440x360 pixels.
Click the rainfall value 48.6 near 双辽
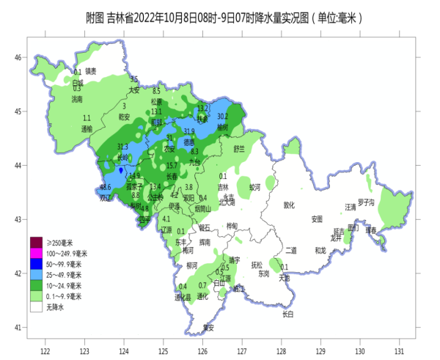106,188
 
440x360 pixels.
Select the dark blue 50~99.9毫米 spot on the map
121,170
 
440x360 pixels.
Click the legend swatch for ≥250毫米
35,241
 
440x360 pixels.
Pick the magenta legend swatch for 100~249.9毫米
35,252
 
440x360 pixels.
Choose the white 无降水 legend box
35,308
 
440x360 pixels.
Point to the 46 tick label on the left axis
21,57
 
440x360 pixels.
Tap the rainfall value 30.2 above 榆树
223,117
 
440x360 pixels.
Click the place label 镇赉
91,72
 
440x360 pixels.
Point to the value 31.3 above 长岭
122,147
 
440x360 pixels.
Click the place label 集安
209,327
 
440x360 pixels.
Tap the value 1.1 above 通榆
87,118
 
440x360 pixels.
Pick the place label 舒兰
239,148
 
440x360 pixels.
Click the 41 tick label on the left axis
21,328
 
